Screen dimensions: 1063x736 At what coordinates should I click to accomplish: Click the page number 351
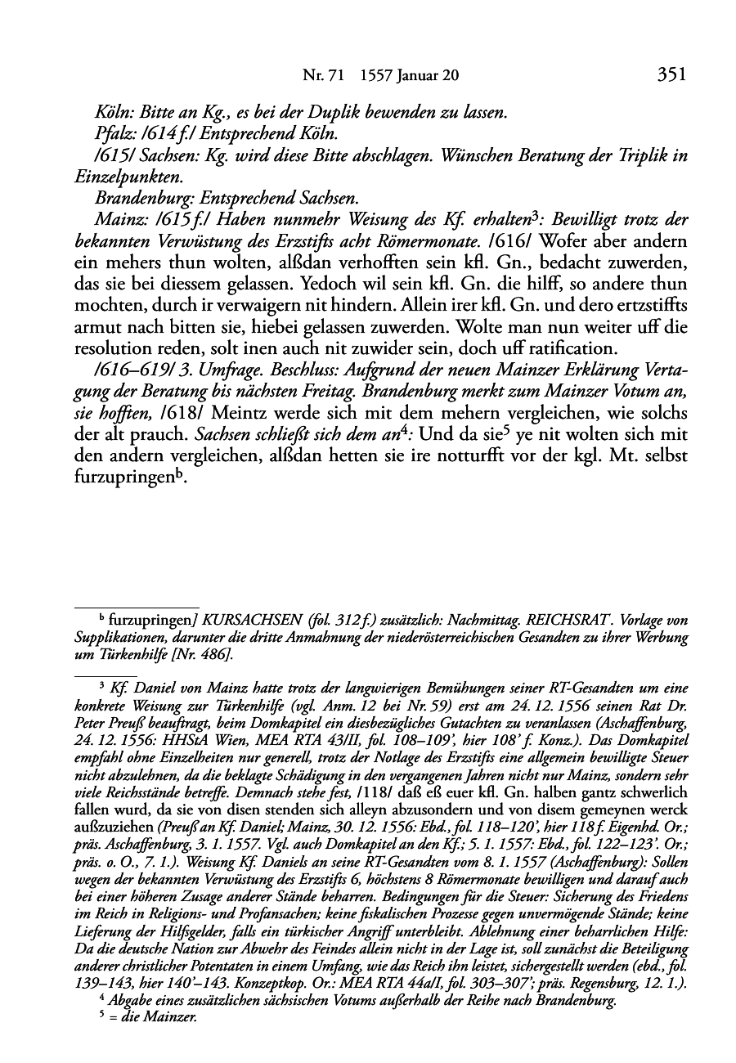click(x=670, y=75)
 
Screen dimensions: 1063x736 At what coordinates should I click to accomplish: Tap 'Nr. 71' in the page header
click(x=321, y=76)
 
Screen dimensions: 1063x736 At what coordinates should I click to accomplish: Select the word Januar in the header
click(x=416, y=76)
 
